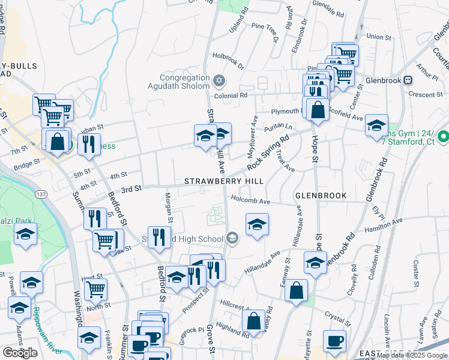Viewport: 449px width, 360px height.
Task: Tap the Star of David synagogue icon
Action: [220, 80]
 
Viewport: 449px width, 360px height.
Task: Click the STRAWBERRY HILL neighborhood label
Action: [224, 181]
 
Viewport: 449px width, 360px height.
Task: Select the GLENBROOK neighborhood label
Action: [321, 196]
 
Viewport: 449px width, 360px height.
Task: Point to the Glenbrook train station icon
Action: [408, 80]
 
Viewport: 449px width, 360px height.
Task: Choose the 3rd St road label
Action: [130, 188]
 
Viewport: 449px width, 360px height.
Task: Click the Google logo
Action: [20, 353]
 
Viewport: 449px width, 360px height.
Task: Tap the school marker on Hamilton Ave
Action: [257, 225]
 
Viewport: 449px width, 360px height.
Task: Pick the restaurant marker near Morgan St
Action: [158, 236]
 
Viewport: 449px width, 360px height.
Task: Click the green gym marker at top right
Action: [444, 137]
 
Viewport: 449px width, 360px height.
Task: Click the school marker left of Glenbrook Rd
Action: [316, 262]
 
